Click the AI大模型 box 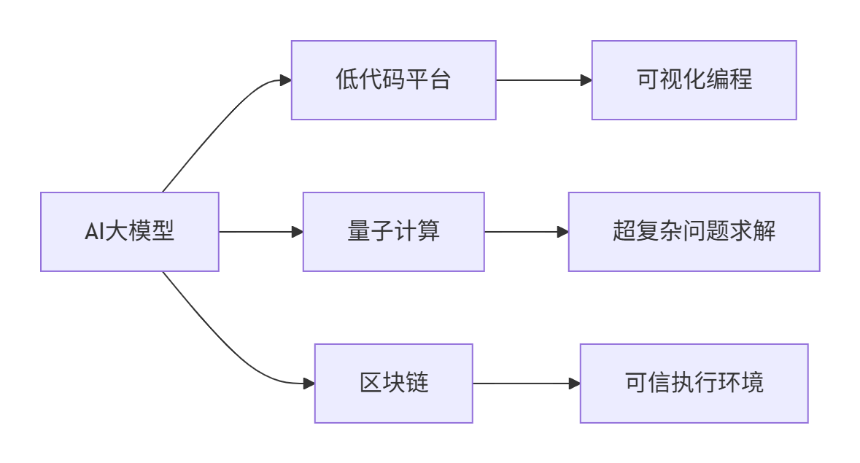point(129,232)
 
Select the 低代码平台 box point(393,80)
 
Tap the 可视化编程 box point(694,80)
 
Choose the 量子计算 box point(393,232)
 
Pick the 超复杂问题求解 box point(694,232)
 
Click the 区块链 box point(393,384)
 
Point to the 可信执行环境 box point(694,384)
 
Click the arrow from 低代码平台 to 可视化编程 point(543,80)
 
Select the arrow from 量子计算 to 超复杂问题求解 point(525,232)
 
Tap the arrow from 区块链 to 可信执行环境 point(525,384)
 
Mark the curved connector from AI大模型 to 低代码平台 point(219,124)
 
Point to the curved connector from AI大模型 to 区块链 point(219,340)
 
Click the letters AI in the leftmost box point(93,233)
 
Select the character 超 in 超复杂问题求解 point(624,232)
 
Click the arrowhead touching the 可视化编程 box point(586,80)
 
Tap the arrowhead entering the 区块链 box point(309,384)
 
